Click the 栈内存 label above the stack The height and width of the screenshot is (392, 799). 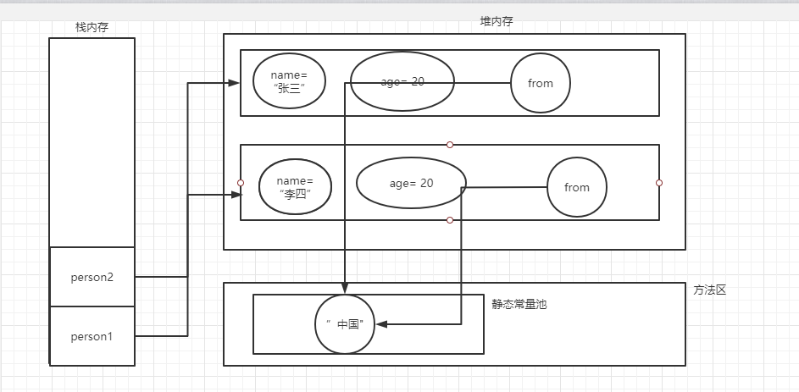coord(92,27)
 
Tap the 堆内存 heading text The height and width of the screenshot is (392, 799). coord(497,22)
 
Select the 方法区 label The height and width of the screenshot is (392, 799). coord(710,290)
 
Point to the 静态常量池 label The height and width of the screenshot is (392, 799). coord(519,303)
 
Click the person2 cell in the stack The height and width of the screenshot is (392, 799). coord(92,277)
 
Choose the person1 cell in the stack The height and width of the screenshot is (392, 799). coord(92,336)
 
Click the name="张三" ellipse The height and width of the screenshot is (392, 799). coord(290,82)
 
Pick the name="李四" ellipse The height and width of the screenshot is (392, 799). coord(295,187)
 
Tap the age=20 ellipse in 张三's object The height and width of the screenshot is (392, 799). coord(402,81)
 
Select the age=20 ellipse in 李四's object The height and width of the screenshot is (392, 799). coord(411,183)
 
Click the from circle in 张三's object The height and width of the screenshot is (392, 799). coord(541,83)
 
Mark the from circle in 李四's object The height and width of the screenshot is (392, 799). coord(577,187)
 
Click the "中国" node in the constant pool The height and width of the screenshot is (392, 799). coord(346,324)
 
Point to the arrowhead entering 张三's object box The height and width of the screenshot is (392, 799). coord(235,83)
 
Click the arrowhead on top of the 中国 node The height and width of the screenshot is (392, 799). coord(346,289)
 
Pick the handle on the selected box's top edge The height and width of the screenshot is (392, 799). coord(450,145)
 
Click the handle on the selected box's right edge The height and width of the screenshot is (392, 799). coord(659,183)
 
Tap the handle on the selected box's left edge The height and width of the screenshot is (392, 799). coord(241,183)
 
